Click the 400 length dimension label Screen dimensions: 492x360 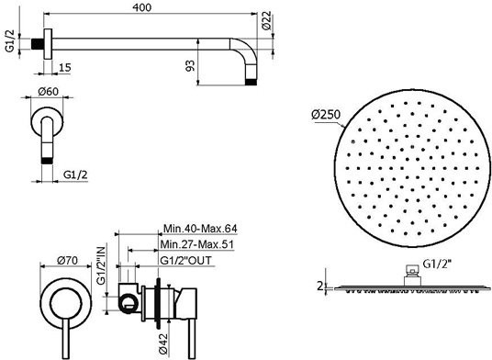(142, 7)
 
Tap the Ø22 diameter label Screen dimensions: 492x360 (267, 21)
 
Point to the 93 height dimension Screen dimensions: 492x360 (190, 65)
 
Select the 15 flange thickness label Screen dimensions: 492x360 (65, 67)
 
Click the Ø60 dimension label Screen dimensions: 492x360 (49, 92)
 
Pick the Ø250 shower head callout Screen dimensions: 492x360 (326, 114)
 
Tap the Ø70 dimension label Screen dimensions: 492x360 (67, 260)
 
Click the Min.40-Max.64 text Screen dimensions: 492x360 (200, 229)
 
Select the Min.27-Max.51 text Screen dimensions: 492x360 (197, 244)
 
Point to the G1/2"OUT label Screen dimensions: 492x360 (186, 261)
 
